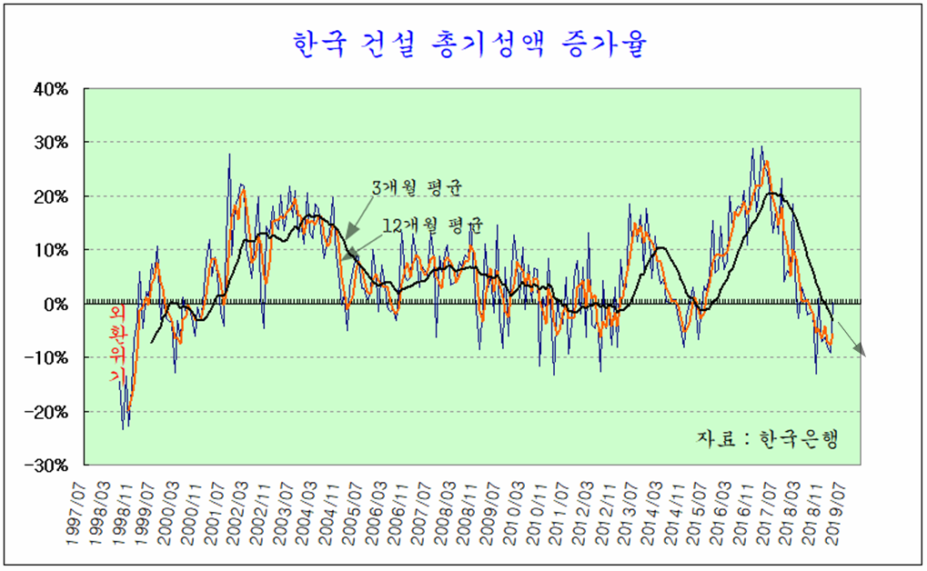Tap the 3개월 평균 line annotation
pos(416,188)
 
